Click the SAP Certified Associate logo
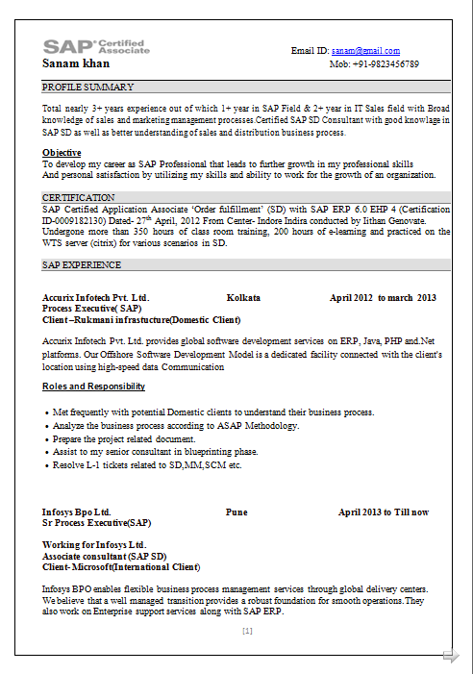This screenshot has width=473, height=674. coord(96,46)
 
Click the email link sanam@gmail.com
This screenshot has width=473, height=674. coord(365,51)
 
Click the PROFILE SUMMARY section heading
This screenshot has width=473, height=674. coord(87,87)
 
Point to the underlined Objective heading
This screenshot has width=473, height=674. coord(62,153)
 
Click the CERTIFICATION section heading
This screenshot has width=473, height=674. coord(79,197)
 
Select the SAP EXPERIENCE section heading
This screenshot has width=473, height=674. coord(82,264)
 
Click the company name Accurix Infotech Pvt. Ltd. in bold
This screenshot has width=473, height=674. coord(95,298)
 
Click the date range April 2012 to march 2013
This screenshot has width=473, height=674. coord(383,298)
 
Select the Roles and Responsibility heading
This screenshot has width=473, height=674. coord(93,387)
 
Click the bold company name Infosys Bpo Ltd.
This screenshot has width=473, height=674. coord(76,512)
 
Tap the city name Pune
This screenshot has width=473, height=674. coord(236,512)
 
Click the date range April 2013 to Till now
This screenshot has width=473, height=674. coord(384,512)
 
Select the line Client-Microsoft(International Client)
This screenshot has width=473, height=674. coord(121,566)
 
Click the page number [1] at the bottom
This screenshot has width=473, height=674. coord(247,631)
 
